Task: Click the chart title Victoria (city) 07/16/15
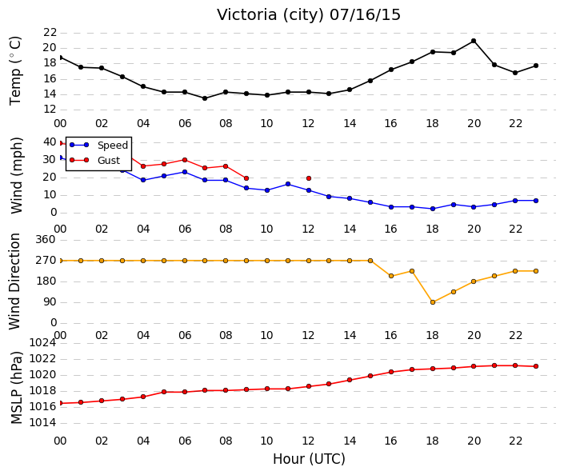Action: click(x=309, y=15)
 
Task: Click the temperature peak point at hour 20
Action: click(x=474, y=41)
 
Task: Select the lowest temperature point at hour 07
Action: click(x=205, y=98)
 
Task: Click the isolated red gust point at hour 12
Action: click(x=309, y=178)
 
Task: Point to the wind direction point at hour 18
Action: click(x=433, y=302)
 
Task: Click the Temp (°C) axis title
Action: click(x=15, y=71)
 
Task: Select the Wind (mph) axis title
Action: click(x=17, y=175)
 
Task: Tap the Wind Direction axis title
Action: click(x=14, y=281)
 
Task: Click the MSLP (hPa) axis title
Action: click(x=17, y=388)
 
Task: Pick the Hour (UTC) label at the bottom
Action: click(x=309, y=459)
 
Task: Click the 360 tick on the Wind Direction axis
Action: click(x=46, y=239)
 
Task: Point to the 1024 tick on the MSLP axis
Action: click(x=42, y=343)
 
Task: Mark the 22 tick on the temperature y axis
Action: click(x=50, y=32)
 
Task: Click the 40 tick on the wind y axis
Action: click(x=50, y=142)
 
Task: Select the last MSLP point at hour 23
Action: click(x=536, y=366)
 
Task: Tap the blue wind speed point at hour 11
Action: click(x=288, y=184)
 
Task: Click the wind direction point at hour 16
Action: click(x=391, y=276)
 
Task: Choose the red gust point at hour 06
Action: click(x=185, y=160)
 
